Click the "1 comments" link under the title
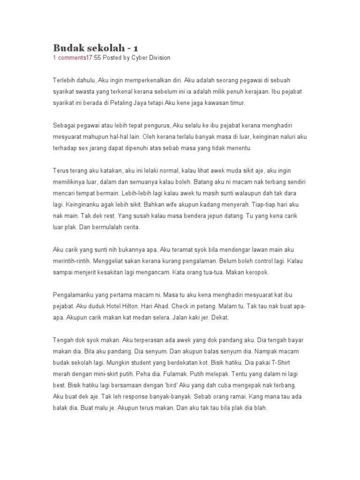point(69,58)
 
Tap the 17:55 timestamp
point(93,58)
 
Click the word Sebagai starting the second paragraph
point(64,126)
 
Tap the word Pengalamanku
point(73,295)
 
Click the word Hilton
point(120,306)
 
